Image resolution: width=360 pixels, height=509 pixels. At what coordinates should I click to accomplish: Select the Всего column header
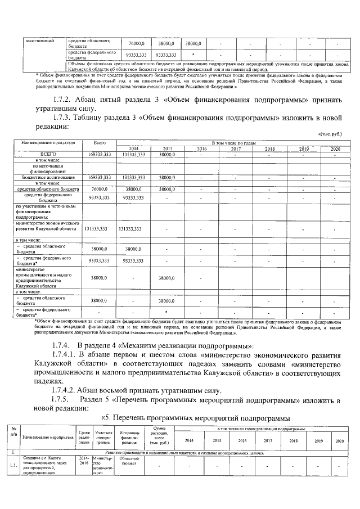[100, 143]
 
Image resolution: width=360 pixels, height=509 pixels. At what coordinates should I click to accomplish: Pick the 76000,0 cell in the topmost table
[137, 43]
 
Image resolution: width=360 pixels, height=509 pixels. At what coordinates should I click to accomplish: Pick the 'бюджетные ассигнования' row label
[48, 177]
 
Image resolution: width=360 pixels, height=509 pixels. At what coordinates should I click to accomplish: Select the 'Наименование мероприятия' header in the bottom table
[48, 436]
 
